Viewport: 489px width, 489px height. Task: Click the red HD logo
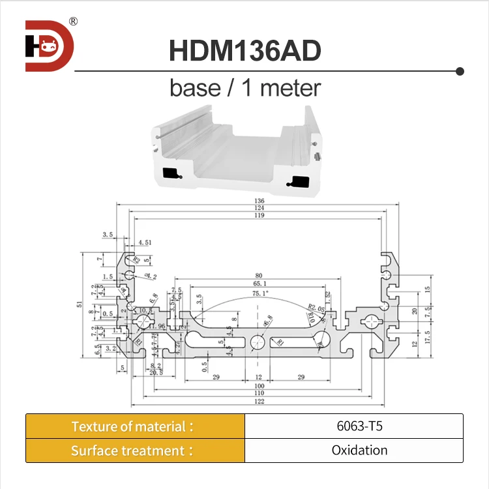[50, 46]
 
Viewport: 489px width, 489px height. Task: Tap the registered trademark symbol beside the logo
[73, 21]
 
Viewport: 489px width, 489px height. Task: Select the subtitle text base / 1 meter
[245, 87]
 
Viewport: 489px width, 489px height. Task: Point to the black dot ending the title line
[460, 71]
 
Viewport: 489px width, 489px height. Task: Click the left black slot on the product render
[171, 173]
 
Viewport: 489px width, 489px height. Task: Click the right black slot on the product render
[301, 180]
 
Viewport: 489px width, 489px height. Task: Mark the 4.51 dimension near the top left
[145, 243]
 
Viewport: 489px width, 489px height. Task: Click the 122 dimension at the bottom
[259, 402]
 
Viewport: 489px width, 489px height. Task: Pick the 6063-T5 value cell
[353, 426]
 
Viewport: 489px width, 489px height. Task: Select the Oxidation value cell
[353, 451]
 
